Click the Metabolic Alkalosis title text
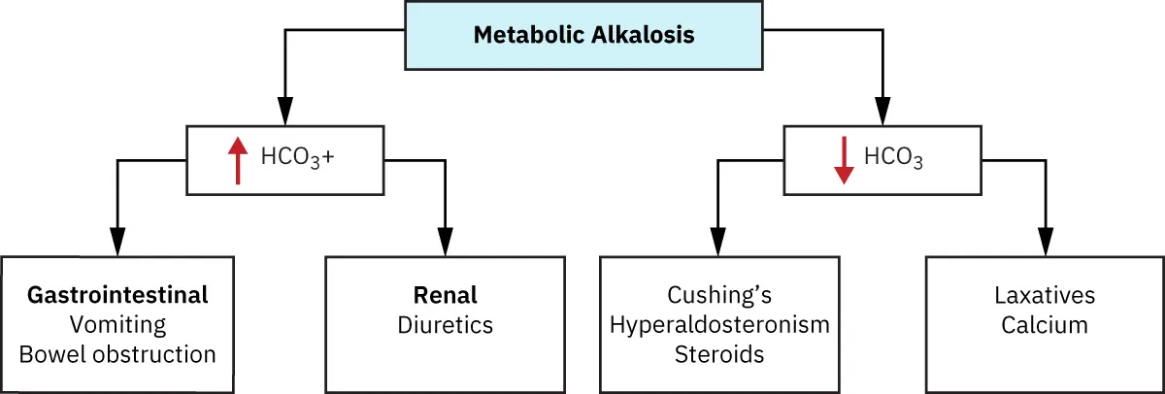click(x=583, y=36)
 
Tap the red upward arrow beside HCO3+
click(x=235, y=160)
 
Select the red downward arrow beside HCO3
click(x=843, y=160)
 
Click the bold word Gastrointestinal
click(x=117, y=295)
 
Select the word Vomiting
click(x=117, y=324)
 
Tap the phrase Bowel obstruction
click(x=117, y=353)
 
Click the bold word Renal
click(x=445, y=295)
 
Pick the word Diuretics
click(x=445, y=324)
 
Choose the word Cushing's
click(x=718, y=295)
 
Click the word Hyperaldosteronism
click(x=718, y=324)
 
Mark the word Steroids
click(x=718, y=353)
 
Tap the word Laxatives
click(x=1045, y=295)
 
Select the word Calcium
click(x=1045, y=324)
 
